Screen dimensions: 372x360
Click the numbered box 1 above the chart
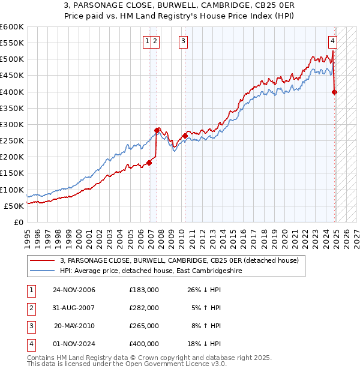pos(147,41)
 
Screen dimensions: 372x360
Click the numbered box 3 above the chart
pos(183,41)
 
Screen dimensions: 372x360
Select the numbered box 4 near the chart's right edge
pos(332,41)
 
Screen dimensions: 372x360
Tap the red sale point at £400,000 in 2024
pos(335,92)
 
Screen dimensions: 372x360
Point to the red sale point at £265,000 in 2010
pos(185,136)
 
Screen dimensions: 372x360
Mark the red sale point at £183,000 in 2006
pos(149,162)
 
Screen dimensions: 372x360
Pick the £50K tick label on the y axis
pos(14,206)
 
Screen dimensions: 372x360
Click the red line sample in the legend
pos(43,260)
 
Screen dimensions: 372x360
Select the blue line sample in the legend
pos(43,271)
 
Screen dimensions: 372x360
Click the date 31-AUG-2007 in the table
pos(74,308)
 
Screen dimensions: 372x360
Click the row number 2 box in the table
pos(30,308)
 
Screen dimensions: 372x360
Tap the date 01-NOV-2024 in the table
pos(74,344)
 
